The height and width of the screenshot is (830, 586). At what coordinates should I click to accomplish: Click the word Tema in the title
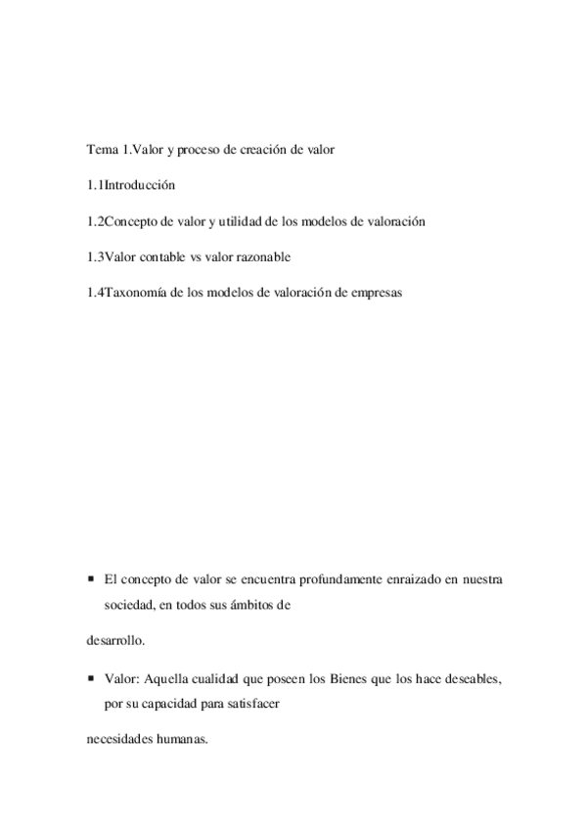click(x=101, y=150)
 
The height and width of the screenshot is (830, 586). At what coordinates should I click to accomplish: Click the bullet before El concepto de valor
click(x=90, y=579)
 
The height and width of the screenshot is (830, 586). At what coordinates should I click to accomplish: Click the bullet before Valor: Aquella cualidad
click(x=90, y=677)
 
